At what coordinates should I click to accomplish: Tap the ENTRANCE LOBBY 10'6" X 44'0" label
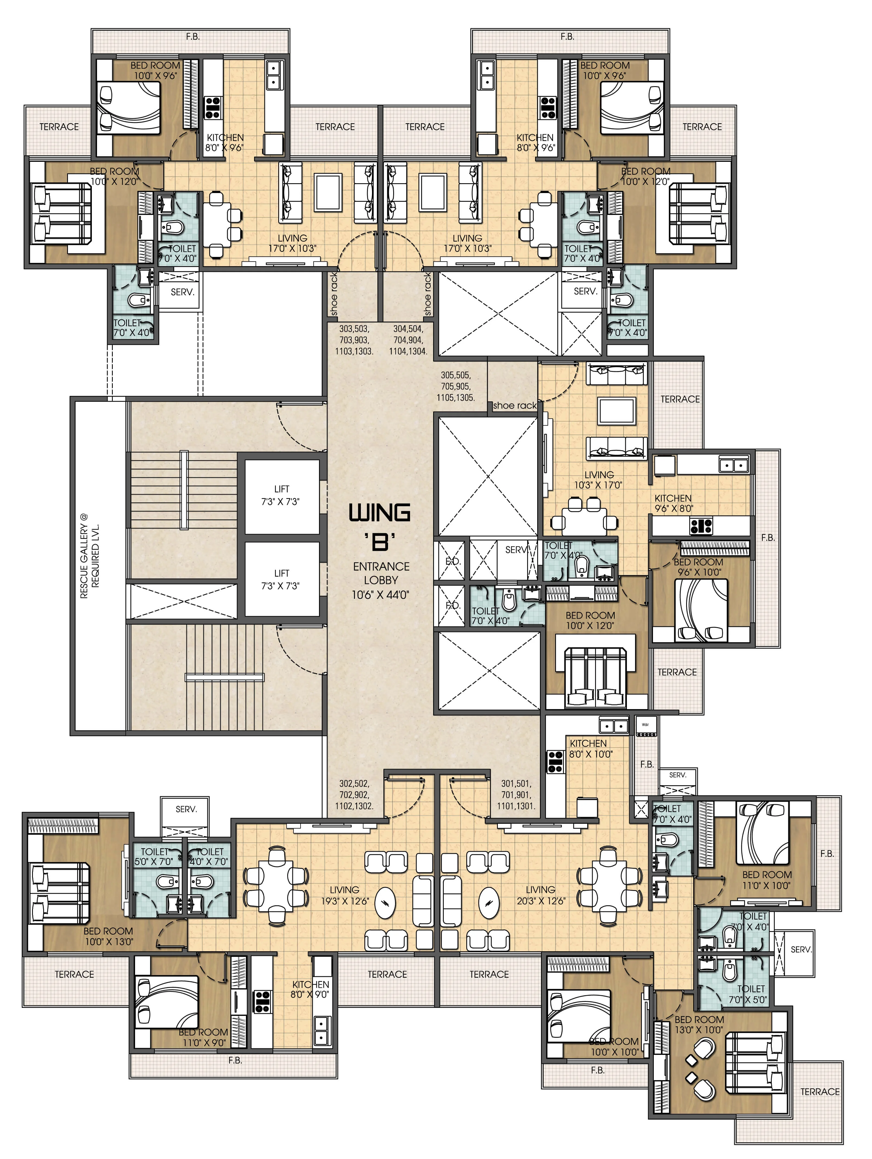(381, 580)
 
